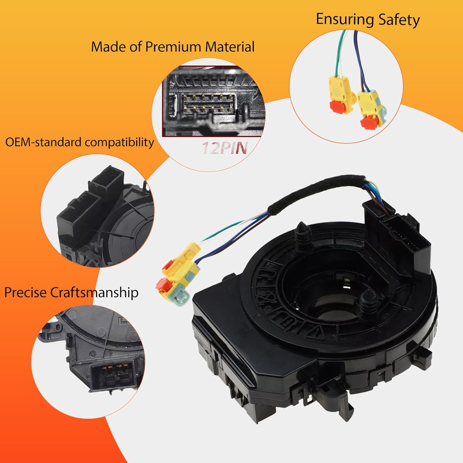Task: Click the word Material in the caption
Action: point(230,47)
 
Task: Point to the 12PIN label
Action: point(225,148)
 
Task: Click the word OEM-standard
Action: point(44,142)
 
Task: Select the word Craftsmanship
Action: point(94,292)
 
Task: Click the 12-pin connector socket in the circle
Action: point(207,104)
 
